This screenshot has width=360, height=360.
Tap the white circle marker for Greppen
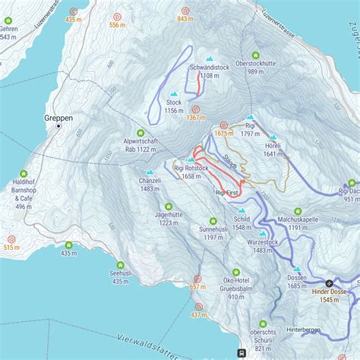coord(58,127)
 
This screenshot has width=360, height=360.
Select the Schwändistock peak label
coord(210,68)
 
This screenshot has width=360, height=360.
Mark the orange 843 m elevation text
coord(185,20)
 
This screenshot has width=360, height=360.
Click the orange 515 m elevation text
coord(11,248)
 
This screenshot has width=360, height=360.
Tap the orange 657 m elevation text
coord(197,287)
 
